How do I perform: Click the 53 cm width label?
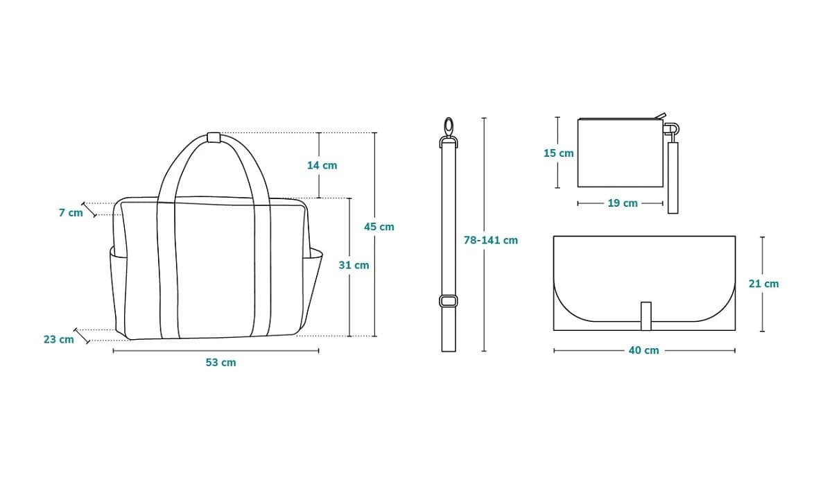tap(220, 362)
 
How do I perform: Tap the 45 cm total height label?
tap(379, 227)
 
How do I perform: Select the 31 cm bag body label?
tap(354, 265)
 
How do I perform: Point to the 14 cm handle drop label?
tap(322, 165)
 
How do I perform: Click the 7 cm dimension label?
tap(71, 212)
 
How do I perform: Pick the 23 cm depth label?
tap(59, 340)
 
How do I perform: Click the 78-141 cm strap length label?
tap(491, 241)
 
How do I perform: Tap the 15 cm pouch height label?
tap(559, 153)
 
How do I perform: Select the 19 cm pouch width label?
tap(623, 203)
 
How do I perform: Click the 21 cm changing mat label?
tap(763, 284)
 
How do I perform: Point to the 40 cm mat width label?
tap(643, 350)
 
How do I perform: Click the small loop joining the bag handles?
tap(214, 137)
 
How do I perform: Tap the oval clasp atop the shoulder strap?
tap(449, 127)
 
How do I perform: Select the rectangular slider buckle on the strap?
tap(449, 301)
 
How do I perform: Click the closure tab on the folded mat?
tap(646, 316)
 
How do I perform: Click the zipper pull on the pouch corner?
tap(661, 117)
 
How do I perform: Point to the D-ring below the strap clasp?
tap(449, 142)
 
